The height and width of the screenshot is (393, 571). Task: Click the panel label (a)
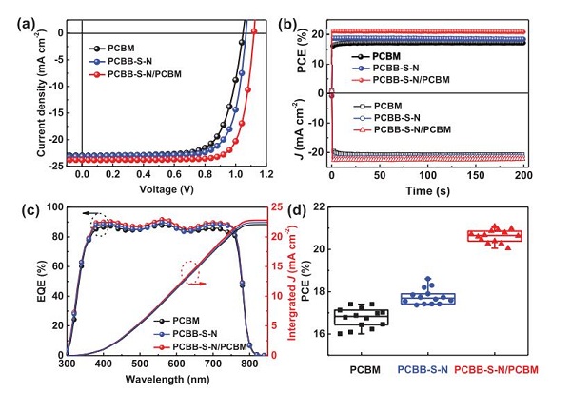pos(17,14)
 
